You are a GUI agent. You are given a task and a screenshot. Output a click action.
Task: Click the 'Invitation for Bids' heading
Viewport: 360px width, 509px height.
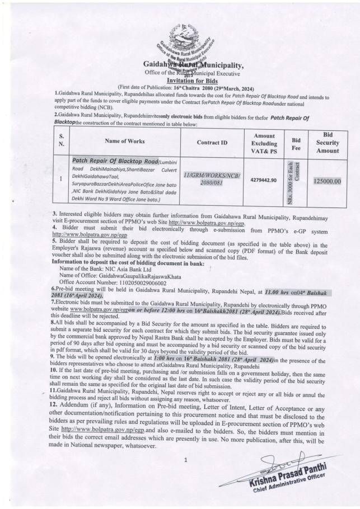pyautogui.click(x=180, y=80)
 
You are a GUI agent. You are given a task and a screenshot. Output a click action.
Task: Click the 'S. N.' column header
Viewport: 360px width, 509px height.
pyautogui.click(x=61, y=143)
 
